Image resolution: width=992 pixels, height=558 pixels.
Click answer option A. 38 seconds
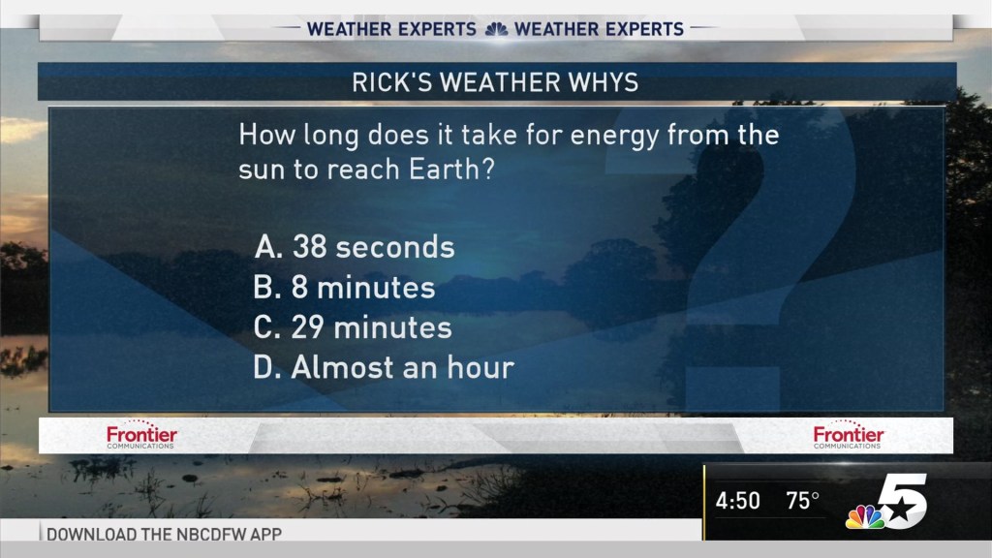pyautogui.click(x=355, y=247)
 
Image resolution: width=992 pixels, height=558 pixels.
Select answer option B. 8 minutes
pyautogui.click(x=344, y=288)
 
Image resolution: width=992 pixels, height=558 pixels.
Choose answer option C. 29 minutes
pyautogui.click(x=353, y=327)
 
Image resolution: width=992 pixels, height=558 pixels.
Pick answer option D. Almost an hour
pyautogui.click(x=383, y=367)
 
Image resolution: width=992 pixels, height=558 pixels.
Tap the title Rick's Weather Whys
pyautogui.click(x=495, y=82)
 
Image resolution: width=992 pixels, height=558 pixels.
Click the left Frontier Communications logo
pyautogui.click(x=141, y=437)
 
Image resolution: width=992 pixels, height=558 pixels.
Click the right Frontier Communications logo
pyautogui.click(x=849, y=437)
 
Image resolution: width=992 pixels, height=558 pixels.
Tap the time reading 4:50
pyautogui.click(x=737, y=502)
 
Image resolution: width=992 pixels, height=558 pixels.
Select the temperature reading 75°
pyautogui.click(x=802, y=502)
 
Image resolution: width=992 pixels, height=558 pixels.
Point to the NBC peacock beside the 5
pyautogui.click(x=863, y=517)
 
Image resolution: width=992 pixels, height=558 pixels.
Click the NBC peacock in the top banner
pyautogui.click(x=495, y=29)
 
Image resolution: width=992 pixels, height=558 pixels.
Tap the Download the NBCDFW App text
pyautogui.click(x=165, y=534)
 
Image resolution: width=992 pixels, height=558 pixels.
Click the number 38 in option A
pyautogui.click(x=311, y=247)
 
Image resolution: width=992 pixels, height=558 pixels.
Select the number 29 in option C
pyautogui.click(x=310, y=327)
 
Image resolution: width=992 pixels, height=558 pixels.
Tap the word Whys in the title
pyautogui.click(x=604, y=82)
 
